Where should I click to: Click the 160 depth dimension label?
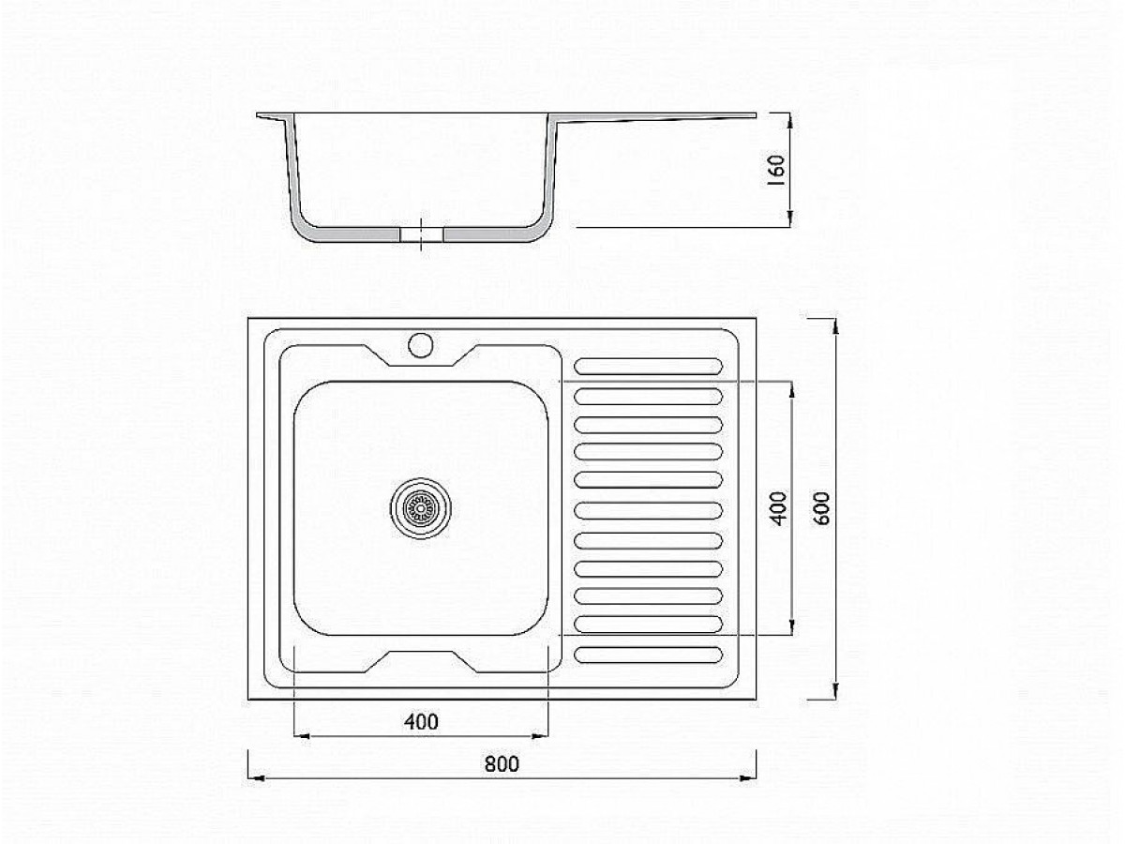coord(777,170)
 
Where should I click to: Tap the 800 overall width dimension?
coord(502,763)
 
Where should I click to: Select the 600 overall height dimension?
coord(821,508)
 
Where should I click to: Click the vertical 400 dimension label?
coord(778,508)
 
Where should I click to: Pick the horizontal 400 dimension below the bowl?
coord(421,722)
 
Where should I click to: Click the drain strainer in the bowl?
coord(421,508)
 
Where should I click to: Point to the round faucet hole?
coord(420,345)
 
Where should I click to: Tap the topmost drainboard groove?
coord(649,367)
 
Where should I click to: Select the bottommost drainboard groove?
coord(649,655)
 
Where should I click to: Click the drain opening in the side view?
coord(421,234)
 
